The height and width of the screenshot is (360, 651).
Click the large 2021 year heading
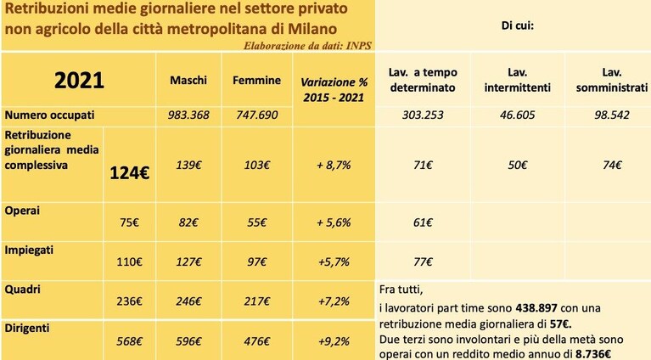79,80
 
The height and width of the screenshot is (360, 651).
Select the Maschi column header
188,80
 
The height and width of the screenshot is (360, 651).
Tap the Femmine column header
256,80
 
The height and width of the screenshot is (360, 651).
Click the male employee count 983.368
188,115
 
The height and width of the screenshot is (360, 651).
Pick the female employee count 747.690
257,115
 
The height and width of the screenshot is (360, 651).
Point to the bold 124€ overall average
130,172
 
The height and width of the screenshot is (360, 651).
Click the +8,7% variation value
334,166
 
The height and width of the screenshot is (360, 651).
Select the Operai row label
22,211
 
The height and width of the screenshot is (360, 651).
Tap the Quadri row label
22,290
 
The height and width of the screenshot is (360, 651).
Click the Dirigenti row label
27,328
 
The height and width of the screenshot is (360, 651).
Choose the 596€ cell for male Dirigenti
188,341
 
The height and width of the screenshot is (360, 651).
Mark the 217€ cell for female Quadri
257,301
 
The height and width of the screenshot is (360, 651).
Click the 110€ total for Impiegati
129,262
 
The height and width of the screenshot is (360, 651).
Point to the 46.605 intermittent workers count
517,115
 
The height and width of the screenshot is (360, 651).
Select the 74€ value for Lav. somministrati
613,166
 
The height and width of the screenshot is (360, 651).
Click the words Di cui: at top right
517,25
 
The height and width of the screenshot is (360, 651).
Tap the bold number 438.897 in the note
536,308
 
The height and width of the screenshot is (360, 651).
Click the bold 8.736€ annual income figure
593,354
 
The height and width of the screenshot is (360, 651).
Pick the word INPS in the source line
359,45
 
